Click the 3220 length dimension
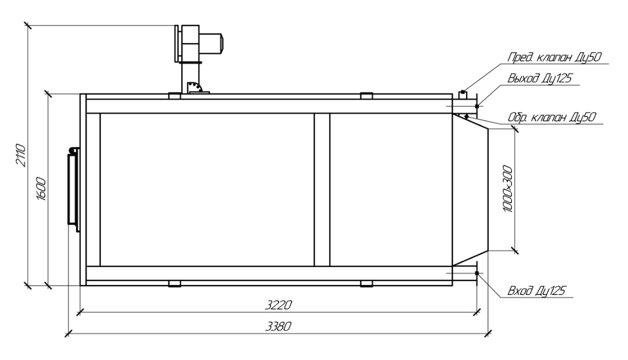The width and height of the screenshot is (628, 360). [x=279, y=305]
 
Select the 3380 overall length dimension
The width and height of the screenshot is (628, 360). [x=279, y=326]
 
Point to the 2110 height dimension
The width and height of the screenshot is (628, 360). [x=21, y=156]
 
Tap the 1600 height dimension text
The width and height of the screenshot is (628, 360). [x=41, y=189]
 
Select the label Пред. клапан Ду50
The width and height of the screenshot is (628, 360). [x=555, y=57]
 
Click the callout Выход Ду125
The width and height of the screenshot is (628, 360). [x=539, y=78]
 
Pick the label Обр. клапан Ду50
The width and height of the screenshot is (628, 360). [x=552, y=117]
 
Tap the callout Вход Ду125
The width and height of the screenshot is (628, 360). [x=536, y=290]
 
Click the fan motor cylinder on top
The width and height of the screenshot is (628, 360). [x=211, y=43]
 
